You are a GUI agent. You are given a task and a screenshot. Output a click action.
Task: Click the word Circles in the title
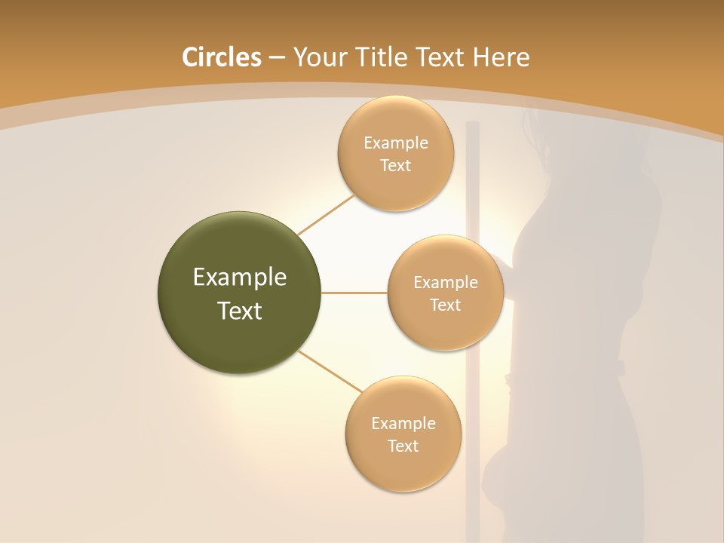[222, 57]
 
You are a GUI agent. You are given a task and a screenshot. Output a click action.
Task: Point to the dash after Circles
[277, 58]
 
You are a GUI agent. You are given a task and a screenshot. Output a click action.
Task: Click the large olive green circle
[240, 293]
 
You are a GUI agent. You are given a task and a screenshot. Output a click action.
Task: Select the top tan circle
[395, 153]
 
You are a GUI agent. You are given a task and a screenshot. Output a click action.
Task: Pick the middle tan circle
[445, 293]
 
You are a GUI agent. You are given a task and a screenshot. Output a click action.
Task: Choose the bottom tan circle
[403, 434]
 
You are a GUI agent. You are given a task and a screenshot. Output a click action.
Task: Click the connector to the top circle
[326, 214]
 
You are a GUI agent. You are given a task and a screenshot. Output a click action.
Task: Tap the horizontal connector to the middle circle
[354, 293]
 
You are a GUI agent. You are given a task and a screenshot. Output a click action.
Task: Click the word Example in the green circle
[240, 278]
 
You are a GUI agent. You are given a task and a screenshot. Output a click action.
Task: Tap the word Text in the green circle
[240, 311]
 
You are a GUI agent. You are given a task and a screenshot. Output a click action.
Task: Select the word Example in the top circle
[396, 143]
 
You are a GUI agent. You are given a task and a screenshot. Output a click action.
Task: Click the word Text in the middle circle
[445, 305]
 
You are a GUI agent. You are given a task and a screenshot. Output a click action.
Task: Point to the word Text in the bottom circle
[403, 446]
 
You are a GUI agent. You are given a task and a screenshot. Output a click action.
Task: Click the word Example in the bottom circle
[403, 423]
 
